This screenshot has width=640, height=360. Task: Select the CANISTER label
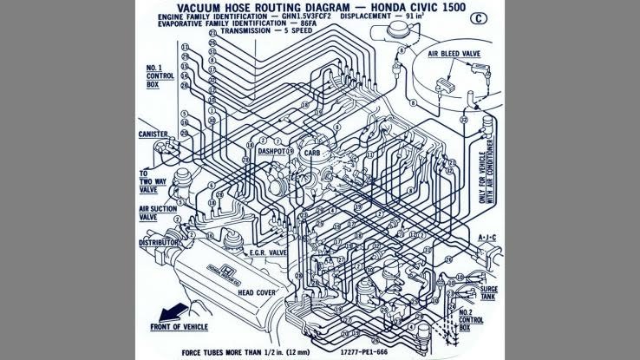153,134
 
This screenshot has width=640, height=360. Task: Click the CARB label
312,153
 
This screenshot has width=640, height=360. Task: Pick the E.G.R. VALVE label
268,252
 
